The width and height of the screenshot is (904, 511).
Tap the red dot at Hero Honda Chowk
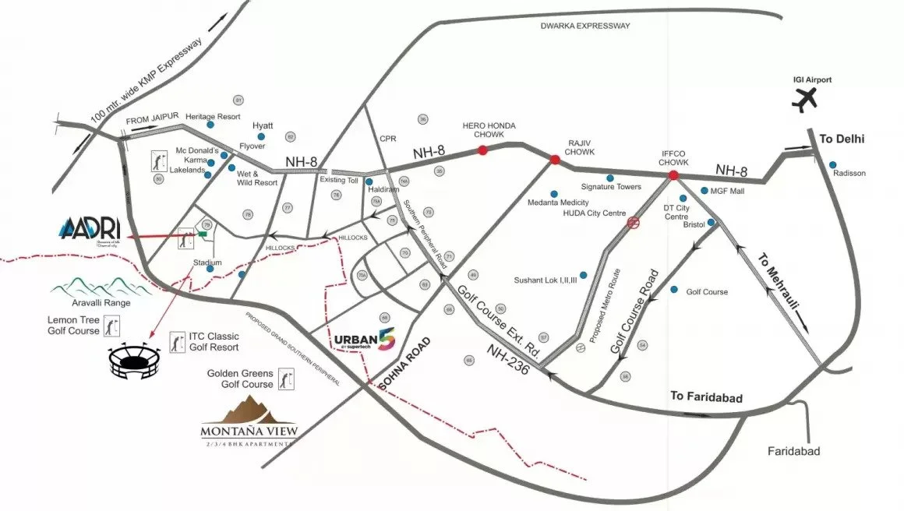pos(482,150)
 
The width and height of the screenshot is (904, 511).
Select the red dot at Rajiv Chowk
pos(555,160)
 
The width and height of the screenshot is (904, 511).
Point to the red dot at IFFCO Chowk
pos(673,176)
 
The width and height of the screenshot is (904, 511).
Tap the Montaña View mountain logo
pos(248,414)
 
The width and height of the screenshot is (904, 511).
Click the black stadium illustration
pos(137,360)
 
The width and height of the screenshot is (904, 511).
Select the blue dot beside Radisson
pos(833,164)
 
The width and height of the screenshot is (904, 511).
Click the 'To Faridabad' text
pos(708,397)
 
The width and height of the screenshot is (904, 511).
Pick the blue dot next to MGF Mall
pos(704,190)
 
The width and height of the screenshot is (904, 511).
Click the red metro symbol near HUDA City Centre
pos(634,223)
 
